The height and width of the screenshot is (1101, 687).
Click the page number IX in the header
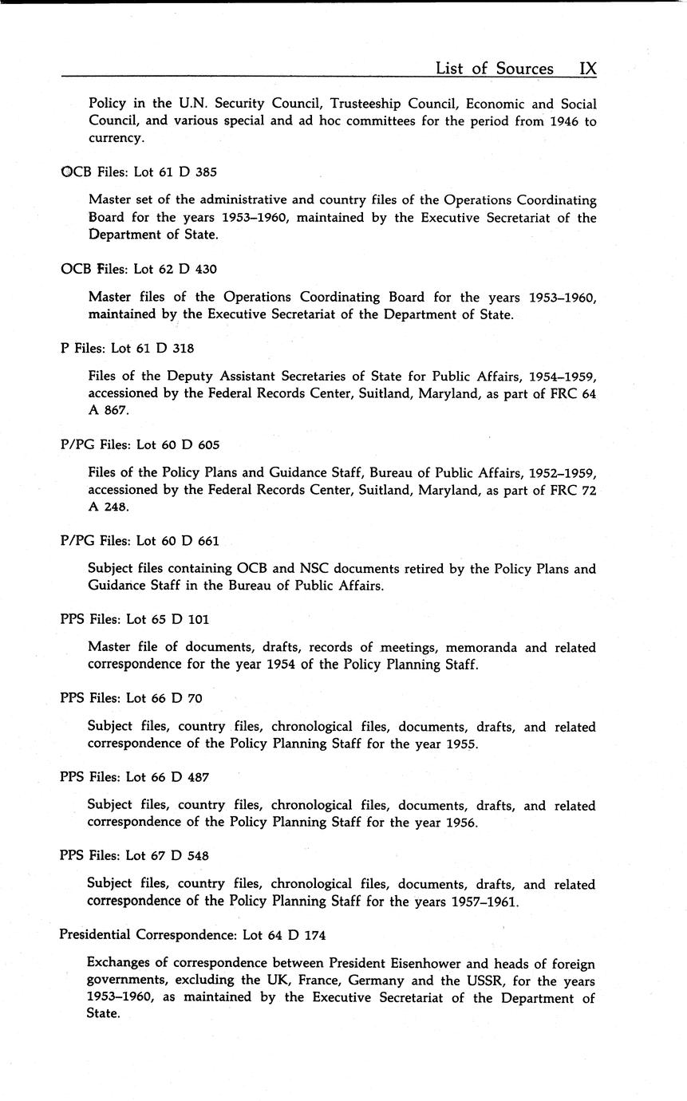point(587,69)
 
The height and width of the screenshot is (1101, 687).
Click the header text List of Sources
point(494,69)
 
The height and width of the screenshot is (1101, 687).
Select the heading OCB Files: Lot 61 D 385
point(139,172)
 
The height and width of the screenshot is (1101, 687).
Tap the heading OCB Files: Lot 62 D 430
point(139,269)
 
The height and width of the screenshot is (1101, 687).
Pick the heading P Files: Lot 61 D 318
point(127,348)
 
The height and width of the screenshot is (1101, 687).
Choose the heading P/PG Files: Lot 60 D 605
point(140,444)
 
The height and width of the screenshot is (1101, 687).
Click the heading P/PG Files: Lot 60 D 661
point(140,541)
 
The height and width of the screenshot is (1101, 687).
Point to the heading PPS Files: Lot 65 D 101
point(134,619)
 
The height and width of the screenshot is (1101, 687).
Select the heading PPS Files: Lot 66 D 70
point(131,698)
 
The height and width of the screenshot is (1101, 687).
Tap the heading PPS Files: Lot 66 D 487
point(134,777)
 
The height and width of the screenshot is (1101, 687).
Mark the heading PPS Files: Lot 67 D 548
point(134,856)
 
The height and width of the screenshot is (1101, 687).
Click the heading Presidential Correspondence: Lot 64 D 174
point(192,934)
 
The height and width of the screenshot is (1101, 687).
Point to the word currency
point(116,138)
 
